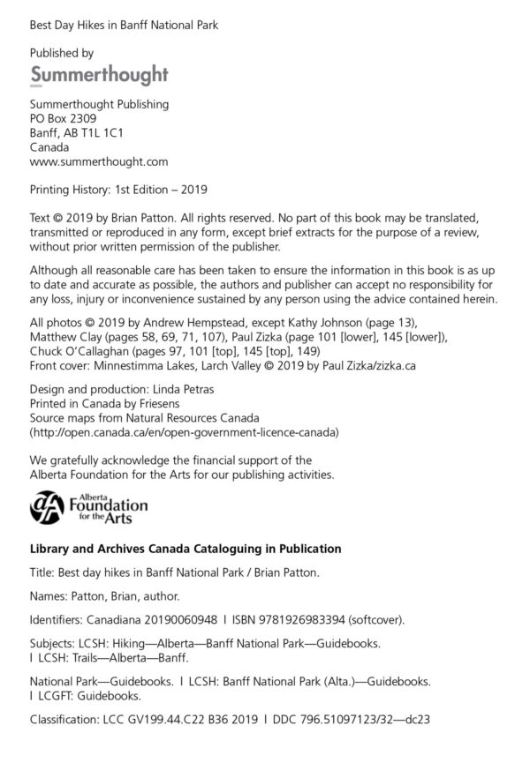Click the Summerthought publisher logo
point(99,74)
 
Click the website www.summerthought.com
point(99,162)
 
